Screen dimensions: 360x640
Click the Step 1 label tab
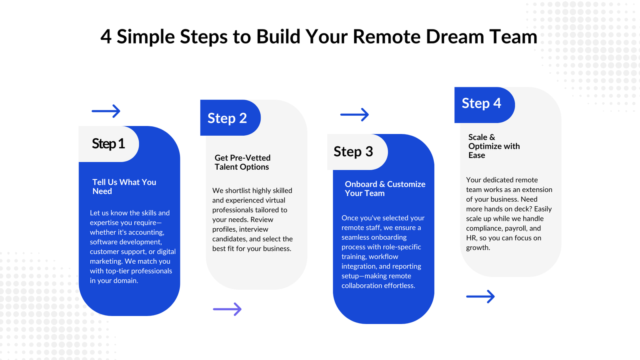click(x=108, y=144)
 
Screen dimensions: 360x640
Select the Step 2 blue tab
click(x=228, y=118)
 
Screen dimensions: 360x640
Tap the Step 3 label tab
click(x=354, y=152)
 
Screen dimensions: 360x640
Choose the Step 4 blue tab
click(x=482, y=104)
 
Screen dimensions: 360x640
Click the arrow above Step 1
click(x=106, y=111)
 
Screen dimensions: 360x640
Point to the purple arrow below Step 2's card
click(x=227, y=309)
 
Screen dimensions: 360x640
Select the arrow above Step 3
click(x=354, y=114)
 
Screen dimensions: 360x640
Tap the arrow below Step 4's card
click(x=480, y=296)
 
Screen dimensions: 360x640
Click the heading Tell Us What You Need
click(x=124, y=186)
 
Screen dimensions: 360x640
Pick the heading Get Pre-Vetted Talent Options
click(x=242, y=162)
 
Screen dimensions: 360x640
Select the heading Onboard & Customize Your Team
click(x=385, y=188)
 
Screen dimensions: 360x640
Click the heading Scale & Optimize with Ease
click(x=494, y=146)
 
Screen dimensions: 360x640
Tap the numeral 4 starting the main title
click(x=106, y=37)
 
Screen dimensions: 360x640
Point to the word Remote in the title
click(x=386, y=37)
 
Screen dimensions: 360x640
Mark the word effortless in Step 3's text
click(x=398, y=286)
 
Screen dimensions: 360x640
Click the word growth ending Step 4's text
click(x=478, y=248)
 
